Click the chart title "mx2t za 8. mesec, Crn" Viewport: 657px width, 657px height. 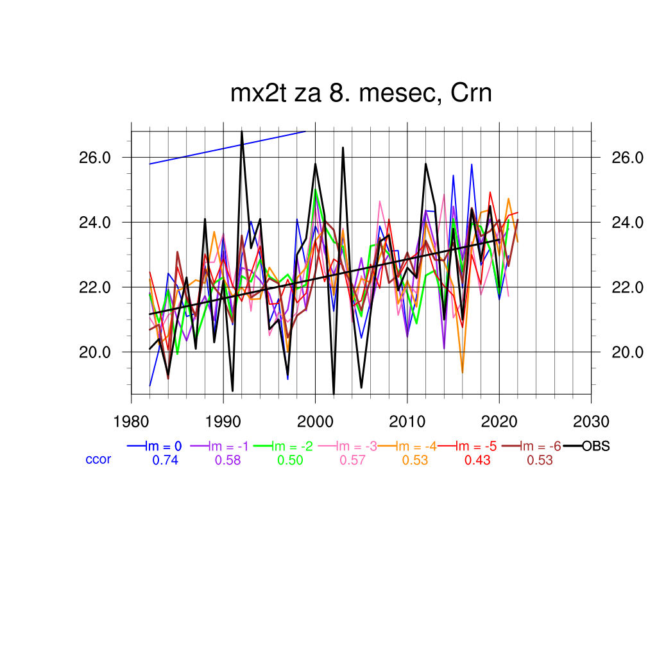coord(361,94)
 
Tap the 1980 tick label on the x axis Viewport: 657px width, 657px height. coord(132,422)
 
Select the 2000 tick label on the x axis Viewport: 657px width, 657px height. coord(315,422)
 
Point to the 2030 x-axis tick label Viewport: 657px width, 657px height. coord(591,422)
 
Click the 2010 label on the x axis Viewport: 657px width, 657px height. coord(407,422)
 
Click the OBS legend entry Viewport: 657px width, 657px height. coord(595,447)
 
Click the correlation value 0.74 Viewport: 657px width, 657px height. coord(165,460)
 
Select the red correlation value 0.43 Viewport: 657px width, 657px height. coord(477,460)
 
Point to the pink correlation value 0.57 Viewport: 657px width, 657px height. coord(352,460)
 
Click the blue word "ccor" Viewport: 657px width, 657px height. coord(98,459)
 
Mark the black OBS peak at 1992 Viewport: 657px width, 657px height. coord(242,131)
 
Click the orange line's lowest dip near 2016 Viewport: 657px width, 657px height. coord(463,372)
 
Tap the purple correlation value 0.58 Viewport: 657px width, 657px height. coord(228,460)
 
